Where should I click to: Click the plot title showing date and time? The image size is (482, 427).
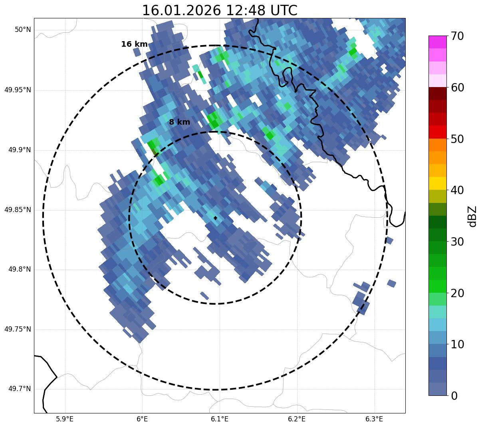click(220, 10)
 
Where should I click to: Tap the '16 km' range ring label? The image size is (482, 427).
click(134, 44)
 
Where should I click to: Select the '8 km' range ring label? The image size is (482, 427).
click(179, 122)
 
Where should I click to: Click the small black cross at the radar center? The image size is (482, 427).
click(216, 218)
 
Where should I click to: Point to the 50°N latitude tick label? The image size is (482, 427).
click(23, 30)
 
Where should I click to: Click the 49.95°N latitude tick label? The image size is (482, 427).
click(18, 90)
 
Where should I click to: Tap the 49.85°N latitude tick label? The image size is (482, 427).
click(18, 210)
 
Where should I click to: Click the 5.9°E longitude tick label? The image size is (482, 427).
click(65, 419)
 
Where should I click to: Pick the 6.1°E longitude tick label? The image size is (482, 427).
click(220, 419)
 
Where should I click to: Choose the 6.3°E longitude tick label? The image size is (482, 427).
click(374, 419)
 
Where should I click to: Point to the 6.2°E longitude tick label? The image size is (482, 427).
click(297, 419)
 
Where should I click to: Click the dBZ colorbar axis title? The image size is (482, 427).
click(473, 216)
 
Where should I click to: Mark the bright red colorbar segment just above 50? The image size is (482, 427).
click(437, 132)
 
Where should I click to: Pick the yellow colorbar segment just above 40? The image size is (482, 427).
click(437, 184)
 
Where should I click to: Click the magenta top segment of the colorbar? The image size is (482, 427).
click(437, 42)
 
